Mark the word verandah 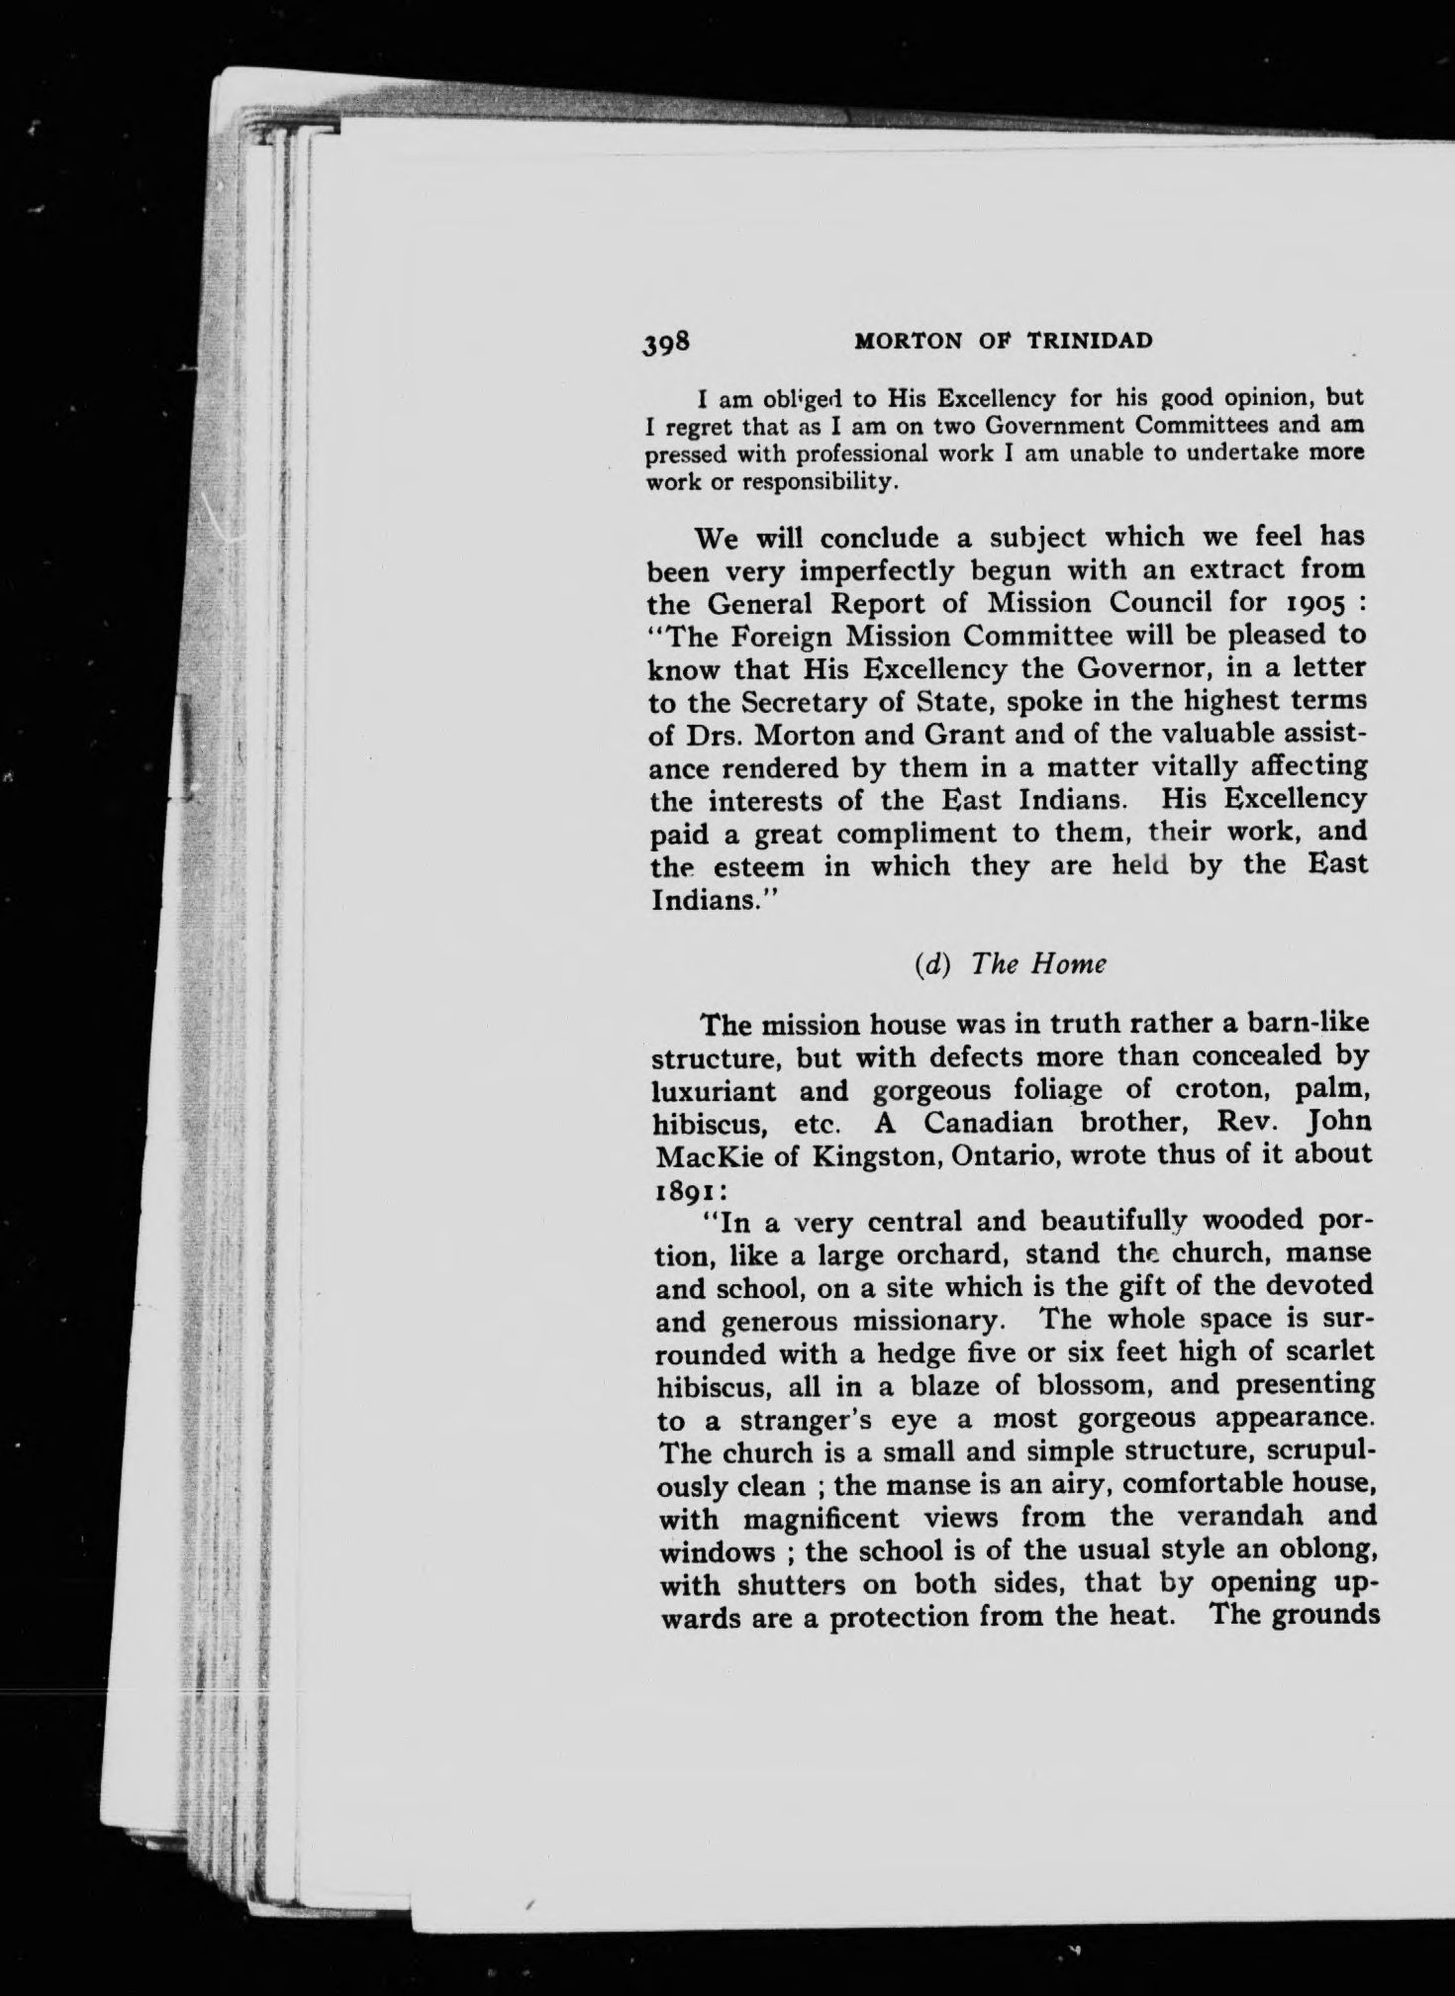point(1233,1516)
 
